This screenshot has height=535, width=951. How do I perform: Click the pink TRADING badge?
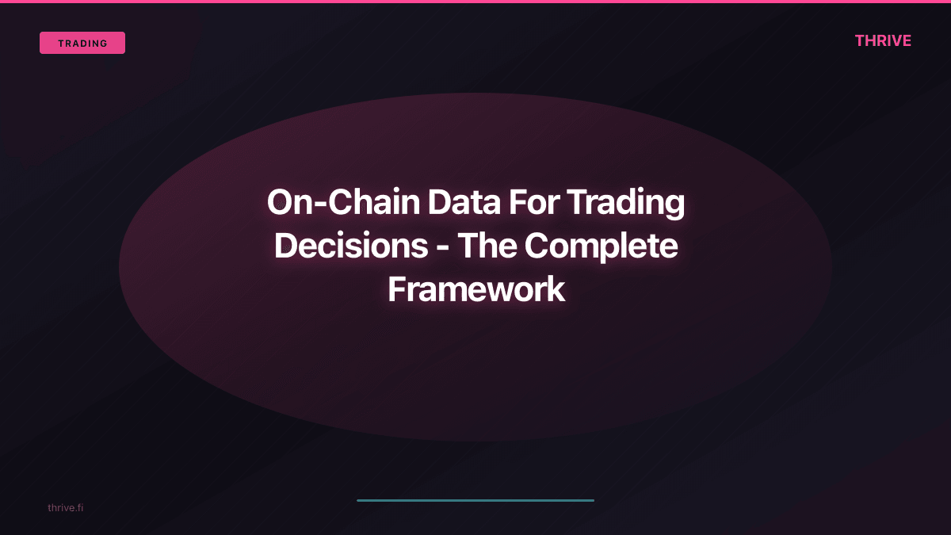pos(82,43)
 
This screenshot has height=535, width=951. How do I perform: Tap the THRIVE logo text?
pos(883,41)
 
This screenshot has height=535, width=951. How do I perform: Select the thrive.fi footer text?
pos(65,507)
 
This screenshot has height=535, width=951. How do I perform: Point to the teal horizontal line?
pos(475,500)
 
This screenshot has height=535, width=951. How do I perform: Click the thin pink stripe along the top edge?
pos(475,2)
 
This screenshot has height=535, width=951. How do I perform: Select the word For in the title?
pos(535,203)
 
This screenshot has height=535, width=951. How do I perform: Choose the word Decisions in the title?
pos(351,246)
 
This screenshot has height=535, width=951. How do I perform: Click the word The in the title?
pos(487,246)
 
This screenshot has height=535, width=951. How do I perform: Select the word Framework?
pos(475,290)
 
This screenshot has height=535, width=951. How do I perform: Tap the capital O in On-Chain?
pos(281,203)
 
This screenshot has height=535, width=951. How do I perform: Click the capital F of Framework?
pos(395,290)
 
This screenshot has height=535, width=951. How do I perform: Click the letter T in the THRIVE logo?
pos(860,41)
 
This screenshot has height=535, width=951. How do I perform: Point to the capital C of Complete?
pos(539,246)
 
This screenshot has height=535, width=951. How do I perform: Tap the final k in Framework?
pos(556,290)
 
